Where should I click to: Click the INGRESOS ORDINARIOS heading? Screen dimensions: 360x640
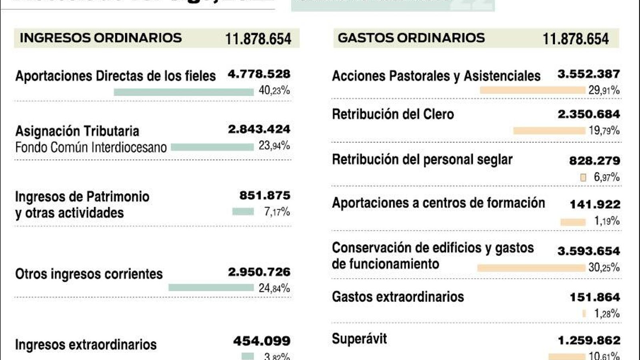pyautogui.click(x=100, y=38)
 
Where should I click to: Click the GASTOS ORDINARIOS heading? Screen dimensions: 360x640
pyautogui.click(x=411, y=38)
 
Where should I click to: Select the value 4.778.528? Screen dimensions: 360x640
pyautogui.click(x=259, y=74)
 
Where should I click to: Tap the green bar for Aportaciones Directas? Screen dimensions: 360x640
pyautogui.click(x=184, y=92)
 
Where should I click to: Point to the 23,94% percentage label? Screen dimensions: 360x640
pyautogui.click(x=274, y=146)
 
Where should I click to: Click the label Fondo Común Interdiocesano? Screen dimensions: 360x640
pyautogui.click(x=91, y=148)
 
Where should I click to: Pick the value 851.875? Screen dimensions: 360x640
pyautogui.click(x=264, y=196)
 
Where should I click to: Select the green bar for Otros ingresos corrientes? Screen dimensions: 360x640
pyautogui.click(x=211, y=288)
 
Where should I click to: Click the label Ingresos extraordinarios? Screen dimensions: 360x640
pyautogui.click(x=86, y=344)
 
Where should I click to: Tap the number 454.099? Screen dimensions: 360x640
pyautogui.click(x=262, y=341)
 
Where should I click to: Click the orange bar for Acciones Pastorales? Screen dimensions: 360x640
pyautogui.click(x=532, y=90)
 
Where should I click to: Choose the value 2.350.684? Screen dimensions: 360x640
pyautogui.click(x=588, y=114)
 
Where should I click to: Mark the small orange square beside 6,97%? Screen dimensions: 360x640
pyautogui.click(x=583, y=177)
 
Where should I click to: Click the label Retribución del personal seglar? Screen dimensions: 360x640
pyautogui.click(x=422, y=160)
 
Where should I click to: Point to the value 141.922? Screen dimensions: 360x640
pyautogui.click(x=594, y=204)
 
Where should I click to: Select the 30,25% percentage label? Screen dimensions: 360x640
pyautogui.click(x=604, y=267)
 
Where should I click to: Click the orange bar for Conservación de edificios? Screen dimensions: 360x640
pyautogui.click(x=531, y=268)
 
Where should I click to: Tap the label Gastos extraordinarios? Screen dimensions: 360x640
pyautogui.click(x=398, y=297)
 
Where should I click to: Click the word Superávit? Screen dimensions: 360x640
pyautogui.click(x=359, y=339)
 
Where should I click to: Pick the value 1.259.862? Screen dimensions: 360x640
pyautogui.click(x=588, y=340)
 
